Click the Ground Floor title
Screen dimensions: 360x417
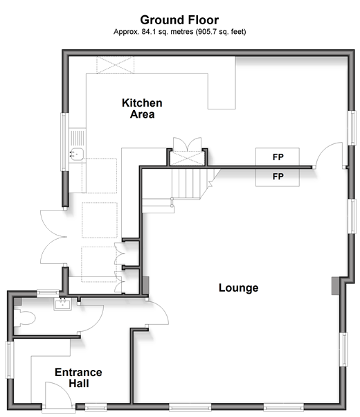tap(179, 20)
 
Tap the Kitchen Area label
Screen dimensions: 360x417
tap(142, 109)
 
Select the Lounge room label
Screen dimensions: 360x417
tap(238, 288)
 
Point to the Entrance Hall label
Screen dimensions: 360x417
tap(78, 378)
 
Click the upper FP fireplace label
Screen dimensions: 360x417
tap(278, 157)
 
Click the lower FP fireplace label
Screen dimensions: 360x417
tap(278, 177)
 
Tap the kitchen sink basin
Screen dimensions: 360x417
tap(77, 154)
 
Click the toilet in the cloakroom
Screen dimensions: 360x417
tap(24, 317)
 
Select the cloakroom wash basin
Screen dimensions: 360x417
tap(63, 304)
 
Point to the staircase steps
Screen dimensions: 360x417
tap(186, 184)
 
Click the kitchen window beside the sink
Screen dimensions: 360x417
tap(64, 142)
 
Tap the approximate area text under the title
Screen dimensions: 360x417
tap(180, 32)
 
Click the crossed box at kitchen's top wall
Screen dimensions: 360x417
tap(116, 65)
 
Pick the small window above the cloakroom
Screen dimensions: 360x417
tap(48, 293)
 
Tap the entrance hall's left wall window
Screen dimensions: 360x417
tap(10, 360)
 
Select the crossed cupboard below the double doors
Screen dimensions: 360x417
tap(188, 159)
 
